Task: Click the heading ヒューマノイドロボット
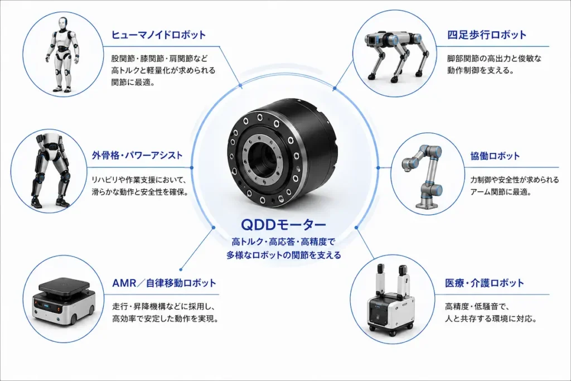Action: click(x=158, y=35)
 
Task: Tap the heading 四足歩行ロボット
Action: click(x=487, y=35)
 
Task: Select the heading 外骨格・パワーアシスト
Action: click(x=137, y=156)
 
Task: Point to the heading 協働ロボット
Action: click(x=495, y=156)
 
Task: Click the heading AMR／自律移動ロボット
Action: click(x=164, y=283)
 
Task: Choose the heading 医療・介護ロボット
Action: click(x=485, y=283)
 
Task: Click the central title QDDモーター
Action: click(x=284, y=225)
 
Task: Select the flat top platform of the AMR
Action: click(x=64, y=286)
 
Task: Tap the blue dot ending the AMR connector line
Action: click(x=181, y=270)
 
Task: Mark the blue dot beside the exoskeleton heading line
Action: click(x=192, y=167)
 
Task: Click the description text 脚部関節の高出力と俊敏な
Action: click(x=495, y=58)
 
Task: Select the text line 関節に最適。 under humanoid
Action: click(x=133, y=83)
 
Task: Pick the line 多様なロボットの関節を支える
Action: click(x=284, y=255)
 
